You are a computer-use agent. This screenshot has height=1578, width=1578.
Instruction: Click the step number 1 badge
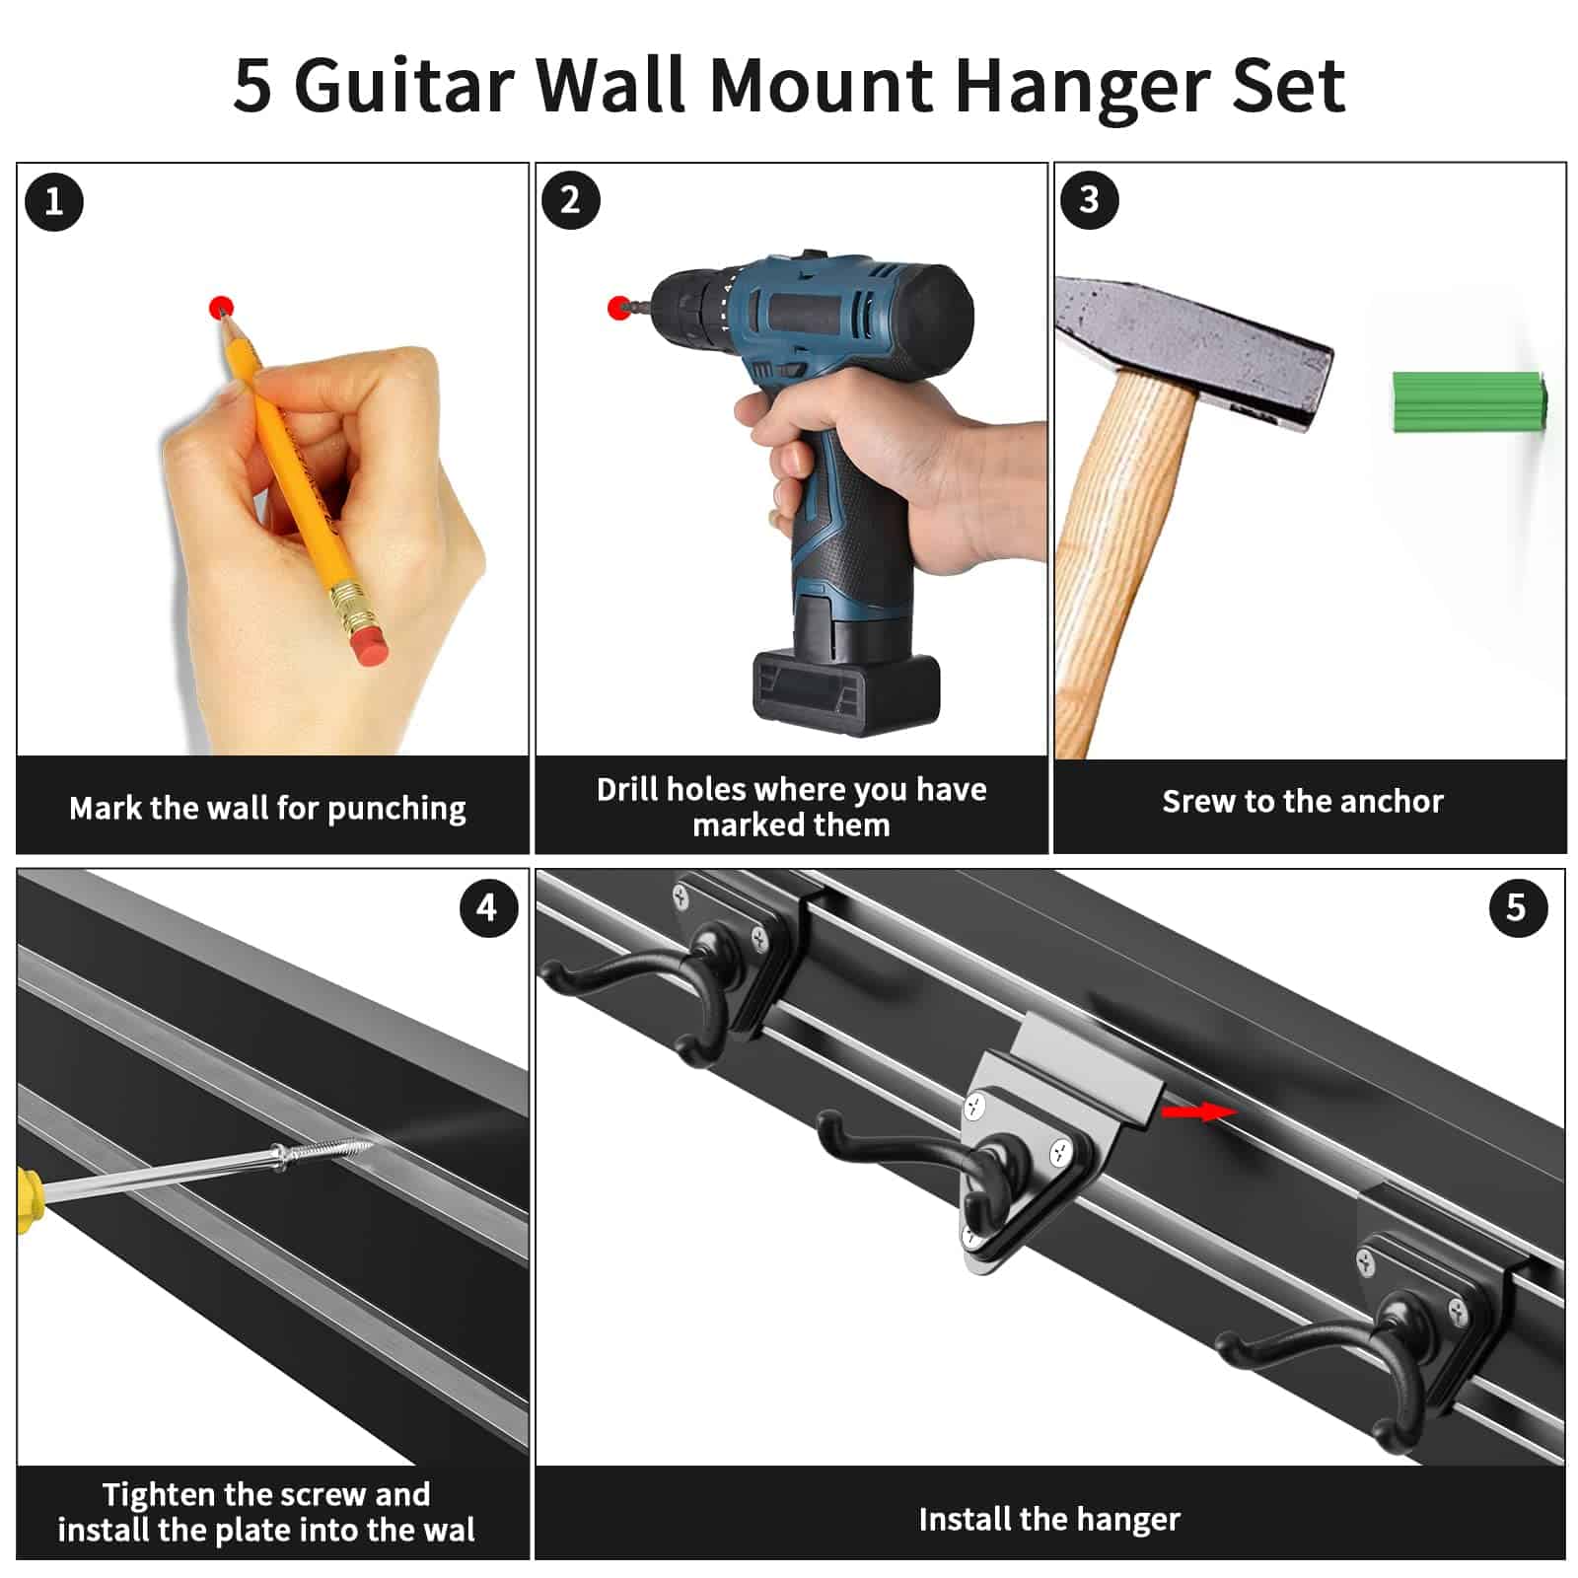click(x=54, y=202)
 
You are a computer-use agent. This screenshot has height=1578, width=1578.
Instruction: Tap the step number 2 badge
click(x=571, y=200)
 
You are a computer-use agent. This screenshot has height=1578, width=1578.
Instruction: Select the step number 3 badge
click(x=1089, y=200)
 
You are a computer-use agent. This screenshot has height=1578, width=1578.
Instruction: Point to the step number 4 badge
click(x=488, y=908)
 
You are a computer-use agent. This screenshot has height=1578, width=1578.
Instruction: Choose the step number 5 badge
click(x=1518, y=908)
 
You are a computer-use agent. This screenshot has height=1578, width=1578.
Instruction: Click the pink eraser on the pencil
click(x=370, y=645)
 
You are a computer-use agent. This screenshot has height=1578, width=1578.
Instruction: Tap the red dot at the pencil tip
click(x=222, y=307)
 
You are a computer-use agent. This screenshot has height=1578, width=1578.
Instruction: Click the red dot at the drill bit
click(x=619, y=308)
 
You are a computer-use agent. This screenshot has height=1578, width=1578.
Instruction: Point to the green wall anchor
click(x=1470, y=401)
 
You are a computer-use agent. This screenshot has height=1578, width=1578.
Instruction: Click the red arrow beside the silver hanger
click(x=1198, y=1112)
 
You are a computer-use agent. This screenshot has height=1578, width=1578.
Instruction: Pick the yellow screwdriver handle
click(x=30, y=1197)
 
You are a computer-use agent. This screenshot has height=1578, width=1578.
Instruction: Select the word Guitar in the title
click(x=405, y=85)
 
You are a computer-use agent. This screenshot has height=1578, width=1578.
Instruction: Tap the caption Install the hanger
click(x=1049, y=1520)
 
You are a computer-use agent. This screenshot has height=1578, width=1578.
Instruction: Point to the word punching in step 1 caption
click(x=396, y=810)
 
